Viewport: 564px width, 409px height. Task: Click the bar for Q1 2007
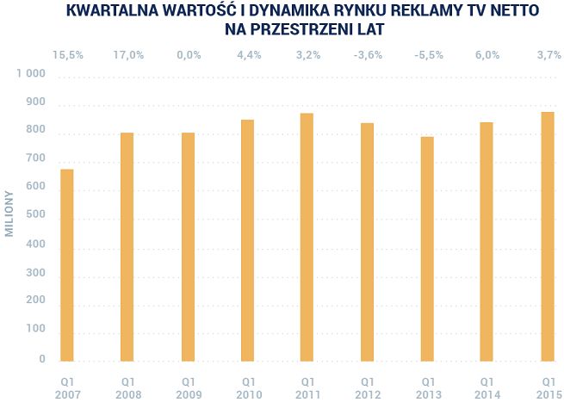[67, 264]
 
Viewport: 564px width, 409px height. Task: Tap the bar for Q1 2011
[307, 237]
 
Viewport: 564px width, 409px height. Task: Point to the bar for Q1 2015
[548, 236]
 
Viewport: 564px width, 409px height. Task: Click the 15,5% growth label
[67, 55]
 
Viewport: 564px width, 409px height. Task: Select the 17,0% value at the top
[127, 55]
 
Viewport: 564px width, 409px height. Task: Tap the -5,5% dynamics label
[428, 55]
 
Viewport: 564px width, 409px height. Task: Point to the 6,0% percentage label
[487, 55]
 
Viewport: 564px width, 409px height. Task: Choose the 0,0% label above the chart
[188, 55]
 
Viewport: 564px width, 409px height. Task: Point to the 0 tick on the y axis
[41, 358]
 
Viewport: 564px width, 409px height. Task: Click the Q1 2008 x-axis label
[127, 387]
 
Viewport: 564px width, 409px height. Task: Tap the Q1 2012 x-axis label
[368, 387]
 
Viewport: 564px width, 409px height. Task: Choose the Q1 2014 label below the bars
[487, 387]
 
